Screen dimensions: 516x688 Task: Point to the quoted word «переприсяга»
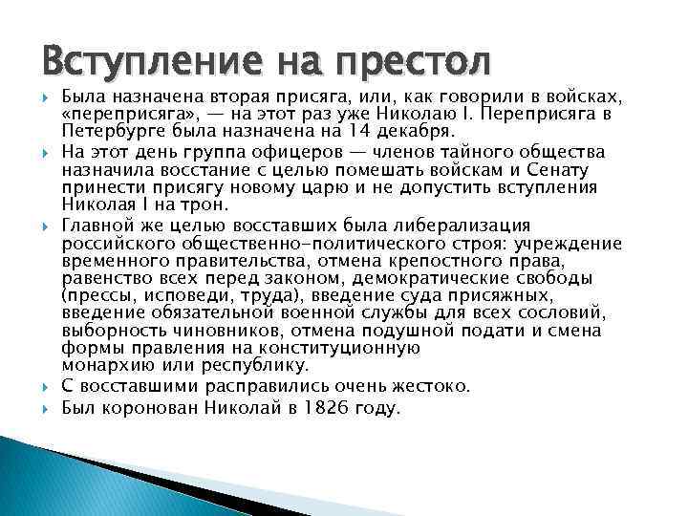(117, 114)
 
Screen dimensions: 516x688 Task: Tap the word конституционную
(312, 348)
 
